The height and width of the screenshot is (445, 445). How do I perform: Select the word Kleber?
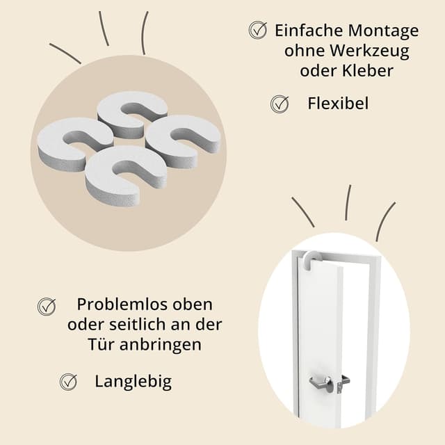pyautogui.click(x=369, y=70)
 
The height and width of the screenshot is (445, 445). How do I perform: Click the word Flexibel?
pyautogui.click(x=338, y=104)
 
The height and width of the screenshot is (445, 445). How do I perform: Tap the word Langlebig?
pyautogui.click(x=133, y=381)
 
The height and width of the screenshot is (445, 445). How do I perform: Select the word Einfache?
pyautogui.click(x=307, y=31)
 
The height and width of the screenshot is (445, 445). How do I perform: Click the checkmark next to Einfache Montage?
pyautogui.click(x=258, y=30)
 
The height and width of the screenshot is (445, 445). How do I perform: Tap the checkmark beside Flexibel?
pyautogui.click(x=280, y=104)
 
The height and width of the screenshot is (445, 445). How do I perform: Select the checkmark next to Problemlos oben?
pyautogui.click(x=47, y=305)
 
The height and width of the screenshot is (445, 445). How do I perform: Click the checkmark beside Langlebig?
pyautogui.click(x=68, y=381)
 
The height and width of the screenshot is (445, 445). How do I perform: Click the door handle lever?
pyautogui.click(x=322, y=381)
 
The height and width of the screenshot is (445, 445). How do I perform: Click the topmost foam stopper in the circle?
pyautogui.click(x=132, y=112)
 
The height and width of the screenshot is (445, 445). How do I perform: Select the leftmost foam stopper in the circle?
pyautogui.click(x=74, y=142)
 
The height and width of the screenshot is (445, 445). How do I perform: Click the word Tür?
pyautogui.click(x=98, y=344)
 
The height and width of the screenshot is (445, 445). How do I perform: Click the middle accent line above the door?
pyautogui.click(x=348, y=202)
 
